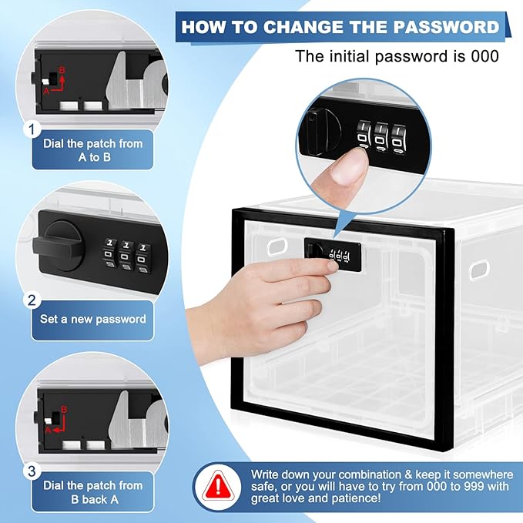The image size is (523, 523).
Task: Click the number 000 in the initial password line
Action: pos(484,56)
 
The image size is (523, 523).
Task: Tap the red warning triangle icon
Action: pos(218,486)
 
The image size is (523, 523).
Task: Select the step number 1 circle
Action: pos(32,129)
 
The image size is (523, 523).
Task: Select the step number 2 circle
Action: pos(32,300)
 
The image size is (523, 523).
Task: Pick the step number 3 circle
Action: pos(32,471)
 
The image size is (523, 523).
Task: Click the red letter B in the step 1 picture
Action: pos(62,70)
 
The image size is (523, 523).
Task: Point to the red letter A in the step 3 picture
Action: pos(48,430)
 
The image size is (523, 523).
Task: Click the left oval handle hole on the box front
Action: pos(277,246)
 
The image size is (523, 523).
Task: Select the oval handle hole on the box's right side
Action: pos(479,270)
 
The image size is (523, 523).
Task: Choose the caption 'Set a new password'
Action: pos(93,319)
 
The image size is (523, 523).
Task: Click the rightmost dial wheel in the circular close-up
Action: pos(399,139)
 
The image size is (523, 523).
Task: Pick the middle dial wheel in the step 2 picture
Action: pos(126,255)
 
